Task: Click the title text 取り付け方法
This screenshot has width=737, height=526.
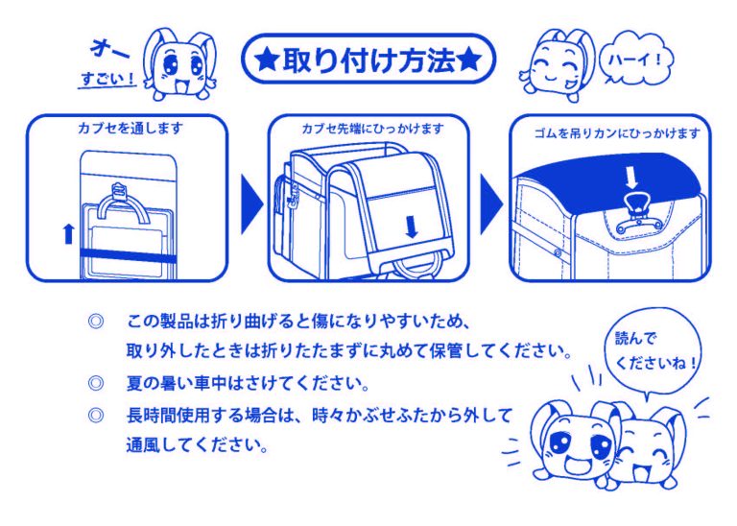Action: click(x=367, y=60)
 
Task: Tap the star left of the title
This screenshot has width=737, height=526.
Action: click(x=266, y=61)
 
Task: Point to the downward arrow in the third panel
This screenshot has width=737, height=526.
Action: click(x=630, y=177)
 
